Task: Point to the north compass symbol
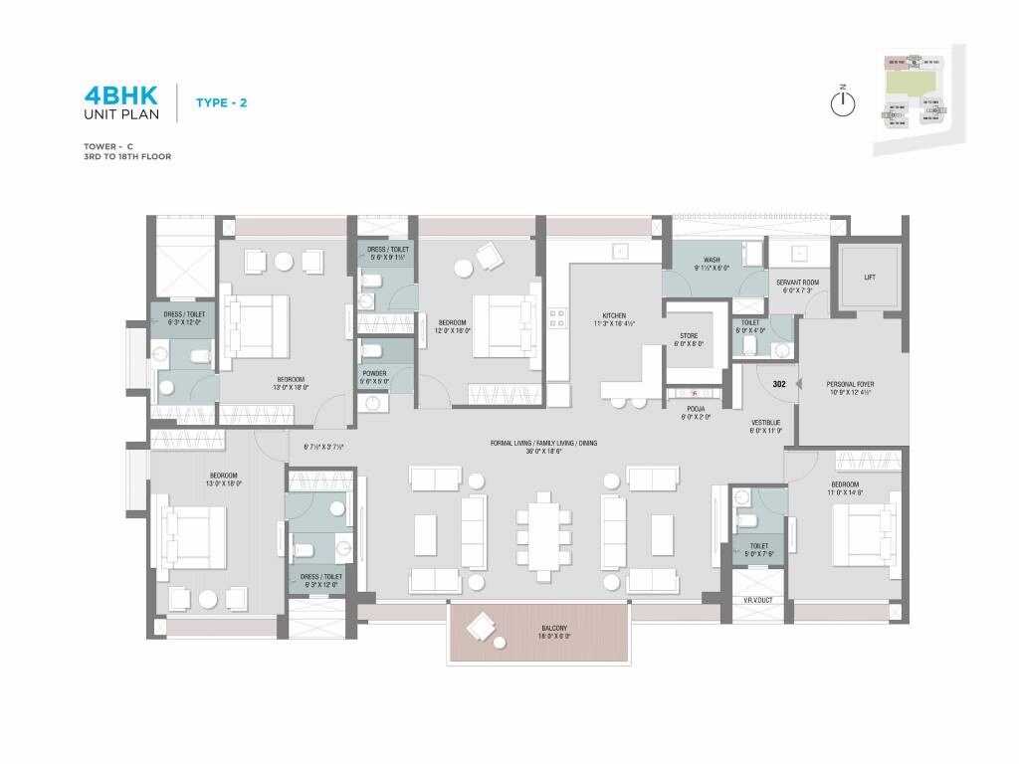(x=843, y=102)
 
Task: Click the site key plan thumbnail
(x=917, y=100)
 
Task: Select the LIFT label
(x=869, y=278)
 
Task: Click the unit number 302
(x=780, y=383)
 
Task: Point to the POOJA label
(x=695, y=408)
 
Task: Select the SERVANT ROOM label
(x=798, y=283)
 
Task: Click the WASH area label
(x=712, y=261)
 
